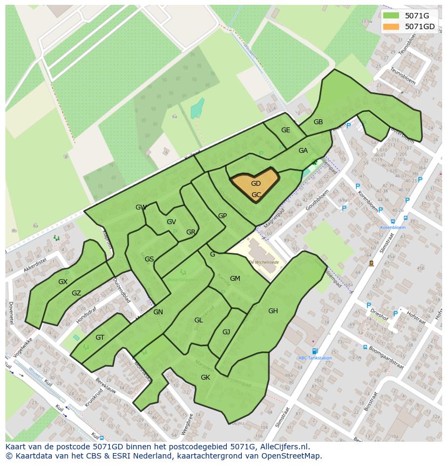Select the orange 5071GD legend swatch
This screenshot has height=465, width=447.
pos(391,26)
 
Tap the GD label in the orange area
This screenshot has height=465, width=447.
pos(256,184)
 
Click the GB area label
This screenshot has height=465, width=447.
pos(318,122)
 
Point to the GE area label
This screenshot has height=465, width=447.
pos(286,130)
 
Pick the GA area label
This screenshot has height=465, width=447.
pos(303,151)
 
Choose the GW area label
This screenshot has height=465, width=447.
pos(141,207)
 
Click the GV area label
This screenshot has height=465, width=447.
pos(171,222)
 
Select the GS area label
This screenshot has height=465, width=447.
pos(149,259)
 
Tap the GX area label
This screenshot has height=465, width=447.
pos(63,282)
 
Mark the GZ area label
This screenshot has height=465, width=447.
pos(76,293)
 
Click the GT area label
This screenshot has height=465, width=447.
pos(100,338)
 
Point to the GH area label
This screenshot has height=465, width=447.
pos(273,311)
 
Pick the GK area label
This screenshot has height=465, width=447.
pos(205,378)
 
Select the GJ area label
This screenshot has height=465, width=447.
pos(226,332)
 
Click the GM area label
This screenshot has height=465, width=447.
pos(235,279)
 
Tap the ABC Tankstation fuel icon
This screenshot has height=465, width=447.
pos(315,351)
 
